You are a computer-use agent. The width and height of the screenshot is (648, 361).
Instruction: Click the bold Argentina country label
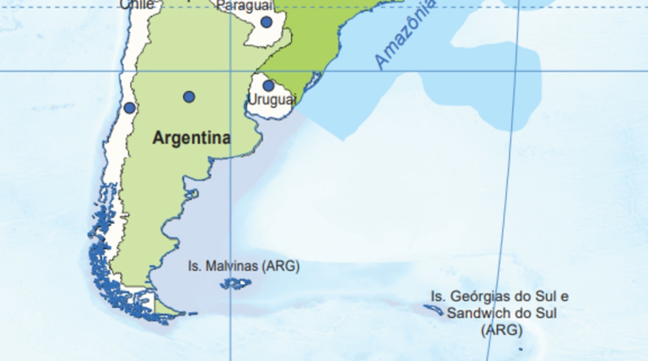click(x=191, y=137)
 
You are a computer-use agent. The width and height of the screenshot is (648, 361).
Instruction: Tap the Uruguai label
click(x=272, y=100)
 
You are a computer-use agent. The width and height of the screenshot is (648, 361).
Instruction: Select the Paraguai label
click(x=244, y=6)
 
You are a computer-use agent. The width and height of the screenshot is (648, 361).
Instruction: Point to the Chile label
click(x=137, y=4)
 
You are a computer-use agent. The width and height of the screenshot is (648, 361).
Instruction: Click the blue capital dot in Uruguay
click(x=268, y=85)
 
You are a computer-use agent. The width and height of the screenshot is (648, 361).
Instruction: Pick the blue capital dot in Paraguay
click(x=267, y=22)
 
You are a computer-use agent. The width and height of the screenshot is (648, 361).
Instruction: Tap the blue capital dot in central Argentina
click(x=189, y=97)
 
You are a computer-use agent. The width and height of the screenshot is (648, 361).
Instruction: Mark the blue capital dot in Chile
click(x=129, y=108)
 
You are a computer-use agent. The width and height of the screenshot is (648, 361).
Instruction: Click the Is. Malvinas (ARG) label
click(x=243, y=266)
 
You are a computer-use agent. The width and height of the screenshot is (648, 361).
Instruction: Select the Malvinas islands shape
click(x=235, y=283)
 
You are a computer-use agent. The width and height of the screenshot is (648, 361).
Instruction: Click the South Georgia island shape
click(x=434, y=310)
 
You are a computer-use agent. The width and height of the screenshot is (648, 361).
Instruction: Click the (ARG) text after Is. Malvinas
click(x=280, y=266)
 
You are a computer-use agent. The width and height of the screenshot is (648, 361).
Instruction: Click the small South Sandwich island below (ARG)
click(x=521, y=348)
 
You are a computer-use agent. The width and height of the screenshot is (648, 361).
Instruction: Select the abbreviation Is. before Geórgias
click(x=438, y=296)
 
